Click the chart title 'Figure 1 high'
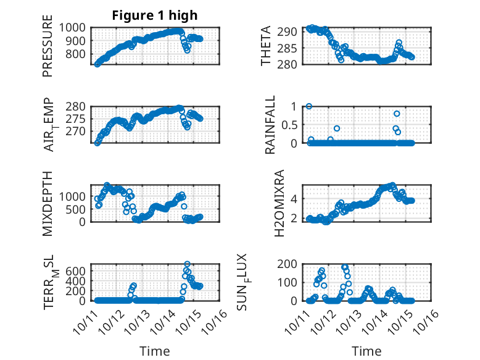[x=154, y=15]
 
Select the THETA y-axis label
[x=266, y=45]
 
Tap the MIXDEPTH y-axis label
[x=48, y=204]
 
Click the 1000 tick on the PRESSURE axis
[x=74, y=27]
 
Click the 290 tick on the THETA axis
[x=291, y=31]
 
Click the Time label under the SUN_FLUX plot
[x=366, y=351]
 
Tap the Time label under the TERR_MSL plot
[x=154, y=351]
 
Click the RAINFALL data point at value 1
[x=308, y=106]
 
